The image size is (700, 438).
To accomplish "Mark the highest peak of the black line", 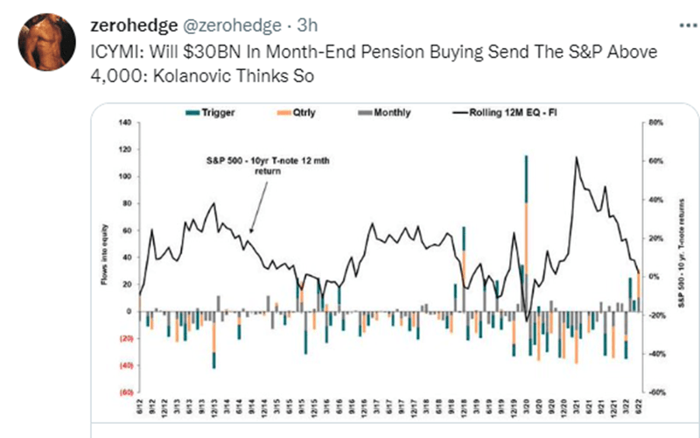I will (x=576, y=159).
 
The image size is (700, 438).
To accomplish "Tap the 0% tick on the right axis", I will (x=653, y=277).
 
